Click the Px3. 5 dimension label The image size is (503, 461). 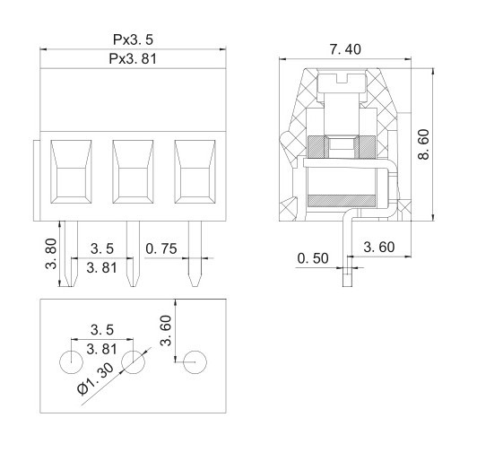133,39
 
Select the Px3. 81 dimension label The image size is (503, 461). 133,58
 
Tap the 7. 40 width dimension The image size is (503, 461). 345,49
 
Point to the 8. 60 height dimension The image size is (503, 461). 423,144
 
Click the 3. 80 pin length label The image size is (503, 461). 51,254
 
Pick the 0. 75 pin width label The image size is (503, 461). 161,248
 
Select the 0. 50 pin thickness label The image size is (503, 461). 313,258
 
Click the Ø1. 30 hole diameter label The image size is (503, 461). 96,378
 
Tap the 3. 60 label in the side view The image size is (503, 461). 379,247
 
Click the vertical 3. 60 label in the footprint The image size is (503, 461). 166,330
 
